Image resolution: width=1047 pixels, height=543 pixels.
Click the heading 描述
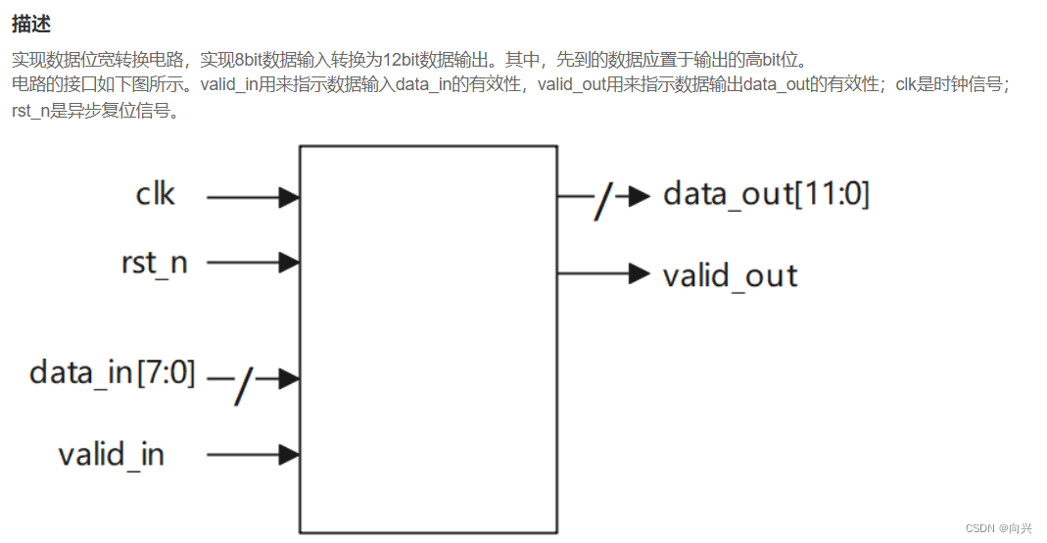pos(31,23)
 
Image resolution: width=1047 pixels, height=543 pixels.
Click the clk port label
pos(155,195)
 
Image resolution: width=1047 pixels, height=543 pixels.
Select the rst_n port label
pos(154,263)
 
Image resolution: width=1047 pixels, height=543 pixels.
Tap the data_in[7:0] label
pos(113,372)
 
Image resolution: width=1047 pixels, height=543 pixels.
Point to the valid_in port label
pos(111,454)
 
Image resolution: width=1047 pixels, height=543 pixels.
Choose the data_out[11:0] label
pos(766,194)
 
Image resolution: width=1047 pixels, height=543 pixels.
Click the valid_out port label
pos(730,275)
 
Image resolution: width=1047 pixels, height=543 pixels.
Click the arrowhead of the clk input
pos(289,197)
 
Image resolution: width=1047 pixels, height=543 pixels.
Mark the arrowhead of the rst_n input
pos(289,263)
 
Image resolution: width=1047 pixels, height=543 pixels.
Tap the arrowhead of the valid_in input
pos(289,455)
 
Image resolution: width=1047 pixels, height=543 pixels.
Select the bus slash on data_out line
pos(603,203)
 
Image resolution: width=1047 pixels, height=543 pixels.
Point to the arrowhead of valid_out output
pos(640,273)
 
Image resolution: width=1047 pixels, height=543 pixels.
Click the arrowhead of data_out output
pos(640,196)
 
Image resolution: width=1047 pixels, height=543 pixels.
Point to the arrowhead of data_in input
pos(289,378)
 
